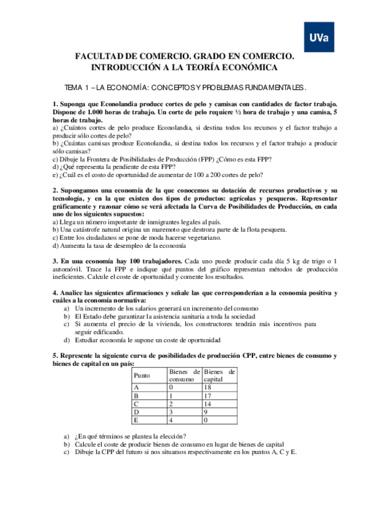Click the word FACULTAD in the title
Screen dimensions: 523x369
(99, 56)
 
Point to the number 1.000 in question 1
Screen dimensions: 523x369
(100, 113)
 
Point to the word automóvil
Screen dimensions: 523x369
(67, 270)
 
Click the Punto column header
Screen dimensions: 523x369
(142, 375)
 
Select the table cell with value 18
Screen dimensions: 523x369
(208, 387)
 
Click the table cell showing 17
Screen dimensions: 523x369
(208, 395)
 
